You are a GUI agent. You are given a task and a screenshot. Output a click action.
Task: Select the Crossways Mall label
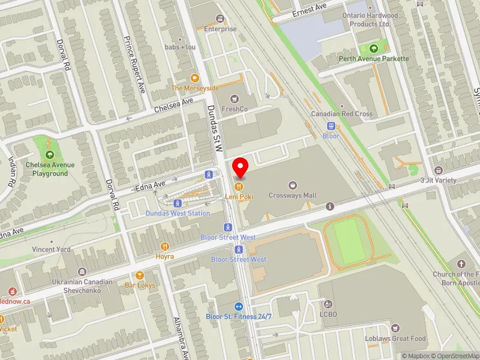point(292,196)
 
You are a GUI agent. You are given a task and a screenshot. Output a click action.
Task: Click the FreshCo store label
point(235,109)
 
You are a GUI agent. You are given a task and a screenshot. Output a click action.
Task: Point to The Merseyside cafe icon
point(194,78)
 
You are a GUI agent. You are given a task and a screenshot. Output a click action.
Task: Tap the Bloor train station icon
point(331,126)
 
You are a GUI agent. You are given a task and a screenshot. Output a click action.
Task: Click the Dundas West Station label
point(178,213)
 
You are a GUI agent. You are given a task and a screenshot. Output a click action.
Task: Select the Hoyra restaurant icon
point(164,246)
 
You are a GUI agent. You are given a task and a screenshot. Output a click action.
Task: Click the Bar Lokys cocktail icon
point(140,275)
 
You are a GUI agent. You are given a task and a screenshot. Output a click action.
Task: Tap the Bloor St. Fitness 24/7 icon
point(238,306)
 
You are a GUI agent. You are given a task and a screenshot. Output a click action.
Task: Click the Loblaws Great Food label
point(395,338)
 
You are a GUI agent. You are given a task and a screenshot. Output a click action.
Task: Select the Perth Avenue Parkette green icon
point(374,49)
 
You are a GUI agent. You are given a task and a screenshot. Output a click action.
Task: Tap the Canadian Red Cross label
point(341,114)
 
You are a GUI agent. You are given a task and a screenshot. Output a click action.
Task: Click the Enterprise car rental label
point(220,29)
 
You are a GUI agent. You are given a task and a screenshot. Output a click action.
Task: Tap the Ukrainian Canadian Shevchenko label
point(82,286)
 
